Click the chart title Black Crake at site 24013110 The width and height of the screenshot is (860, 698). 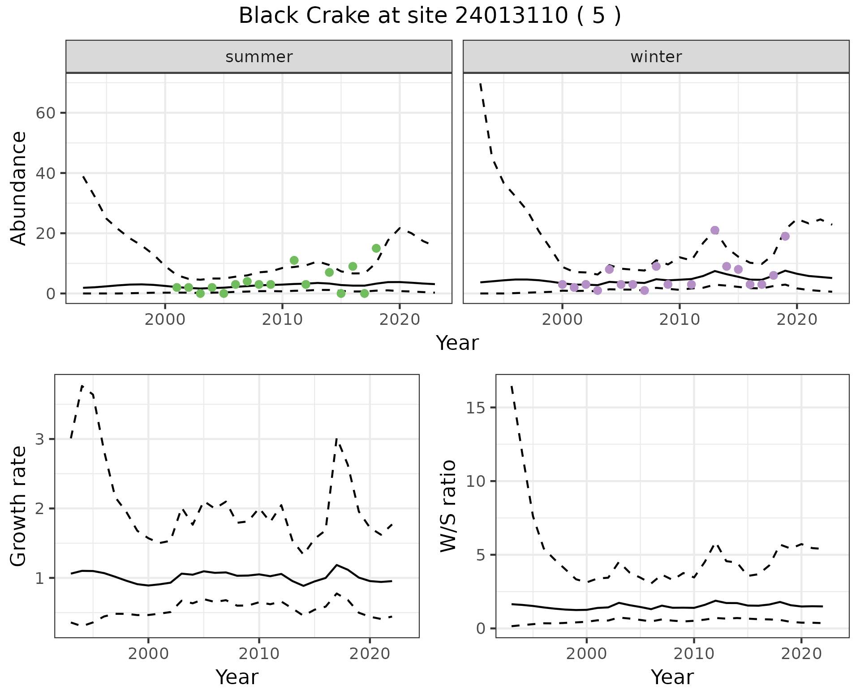430,16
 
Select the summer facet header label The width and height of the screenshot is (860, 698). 259,57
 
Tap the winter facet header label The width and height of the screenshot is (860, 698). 656,57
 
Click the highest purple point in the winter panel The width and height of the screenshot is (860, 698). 715,230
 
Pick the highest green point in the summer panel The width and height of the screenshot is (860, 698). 376,248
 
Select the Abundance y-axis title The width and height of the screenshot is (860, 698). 19,188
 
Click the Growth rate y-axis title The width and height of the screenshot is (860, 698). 19,506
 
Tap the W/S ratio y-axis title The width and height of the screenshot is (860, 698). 448,506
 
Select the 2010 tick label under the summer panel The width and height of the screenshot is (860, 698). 282,320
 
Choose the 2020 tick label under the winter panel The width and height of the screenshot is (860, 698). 797,320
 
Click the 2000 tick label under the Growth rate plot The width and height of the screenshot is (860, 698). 148,654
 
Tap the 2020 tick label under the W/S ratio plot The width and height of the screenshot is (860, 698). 801,654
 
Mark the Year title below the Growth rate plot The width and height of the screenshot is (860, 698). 237,677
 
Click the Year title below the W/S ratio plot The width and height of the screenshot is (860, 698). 672,677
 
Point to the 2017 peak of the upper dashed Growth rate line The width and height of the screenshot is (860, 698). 337,439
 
